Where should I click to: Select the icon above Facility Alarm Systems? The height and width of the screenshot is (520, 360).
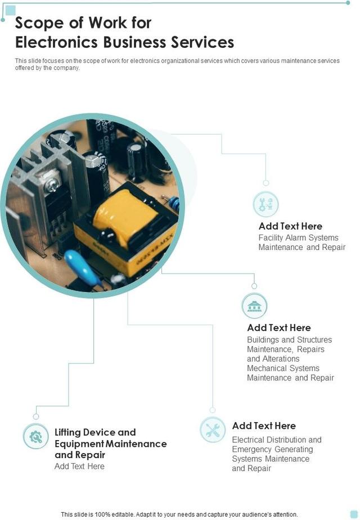(x=265, y=204)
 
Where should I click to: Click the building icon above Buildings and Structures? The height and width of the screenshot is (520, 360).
(x=254, y=306)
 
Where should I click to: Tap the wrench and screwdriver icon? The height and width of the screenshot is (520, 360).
(x=213, y=431)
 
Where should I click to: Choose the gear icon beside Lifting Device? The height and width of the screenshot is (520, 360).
(x=36, y=436)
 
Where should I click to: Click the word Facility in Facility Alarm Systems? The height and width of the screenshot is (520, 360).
(x=271, y=238)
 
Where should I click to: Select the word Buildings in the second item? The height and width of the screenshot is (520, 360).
(x=263, y=340)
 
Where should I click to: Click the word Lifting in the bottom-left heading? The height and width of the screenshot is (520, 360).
(x=68, y=432)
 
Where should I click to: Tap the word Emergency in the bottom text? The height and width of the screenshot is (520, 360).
(x=251, y=449)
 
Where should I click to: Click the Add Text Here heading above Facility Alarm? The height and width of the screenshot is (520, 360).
(x=290, y=226)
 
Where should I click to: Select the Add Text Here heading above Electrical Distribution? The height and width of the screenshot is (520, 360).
(x=264, y=426)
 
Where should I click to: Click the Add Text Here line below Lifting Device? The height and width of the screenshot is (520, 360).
(x=79, y=466)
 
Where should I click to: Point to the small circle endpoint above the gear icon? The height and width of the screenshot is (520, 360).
(x=36, y=416)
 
